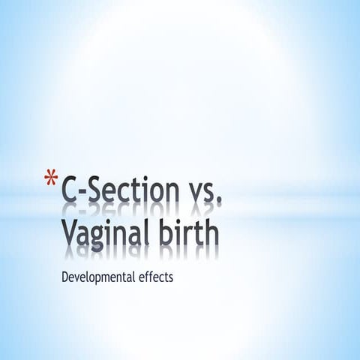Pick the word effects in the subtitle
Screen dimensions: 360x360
pos(155,277)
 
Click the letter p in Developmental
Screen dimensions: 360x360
pos(100,279)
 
